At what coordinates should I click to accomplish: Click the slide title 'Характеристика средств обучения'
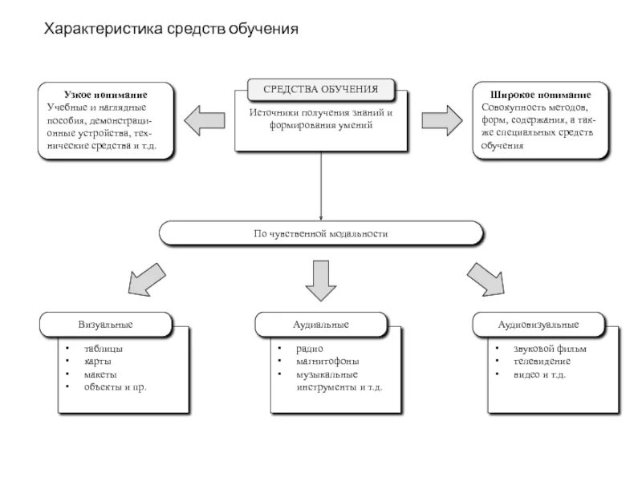coord(170,30)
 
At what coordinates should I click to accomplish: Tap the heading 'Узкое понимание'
coord(105,95)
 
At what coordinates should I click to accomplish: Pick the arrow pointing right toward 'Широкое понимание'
coord(441,120)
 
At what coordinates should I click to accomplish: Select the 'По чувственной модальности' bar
coord(321,234)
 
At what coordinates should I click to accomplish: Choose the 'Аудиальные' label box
coord(320,325)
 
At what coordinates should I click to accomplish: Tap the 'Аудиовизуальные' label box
coord(538,325)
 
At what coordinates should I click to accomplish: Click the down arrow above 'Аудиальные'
coord(321,277)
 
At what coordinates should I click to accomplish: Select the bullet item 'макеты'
coord(100,374)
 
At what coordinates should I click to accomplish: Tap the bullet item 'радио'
coord(309,349)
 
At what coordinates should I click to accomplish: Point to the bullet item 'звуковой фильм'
coord(550,349)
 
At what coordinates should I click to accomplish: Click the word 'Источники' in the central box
coord(273,113)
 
